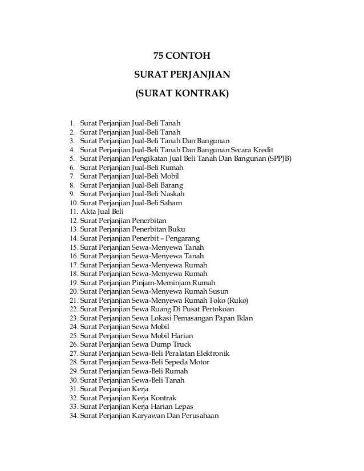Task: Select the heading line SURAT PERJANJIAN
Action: [181, 74]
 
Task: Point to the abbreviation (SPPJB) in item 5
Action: [280, 159]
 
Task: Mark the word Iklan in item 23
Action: [244, 318]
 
